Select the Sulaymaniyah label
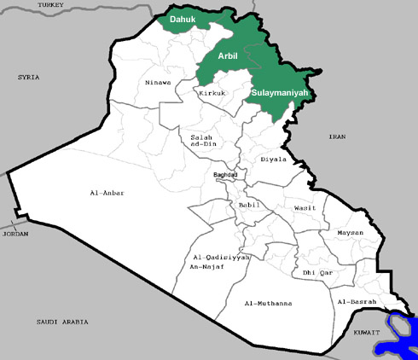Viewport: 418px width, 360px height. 279,92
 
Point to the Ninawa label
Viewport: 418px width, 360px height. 158,83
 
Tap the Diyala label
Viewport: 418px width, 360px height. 274,159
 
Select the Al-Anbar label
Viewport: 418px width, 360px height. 107,193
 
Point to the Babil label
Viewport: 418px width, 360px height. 249,206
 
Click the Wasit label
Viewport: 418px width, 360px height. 305,207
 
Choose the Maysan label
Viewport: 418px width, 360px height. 350,233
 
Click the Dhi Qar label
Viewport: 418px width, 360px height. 316,273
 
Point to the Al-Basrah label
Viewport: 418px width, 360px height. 357,302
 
